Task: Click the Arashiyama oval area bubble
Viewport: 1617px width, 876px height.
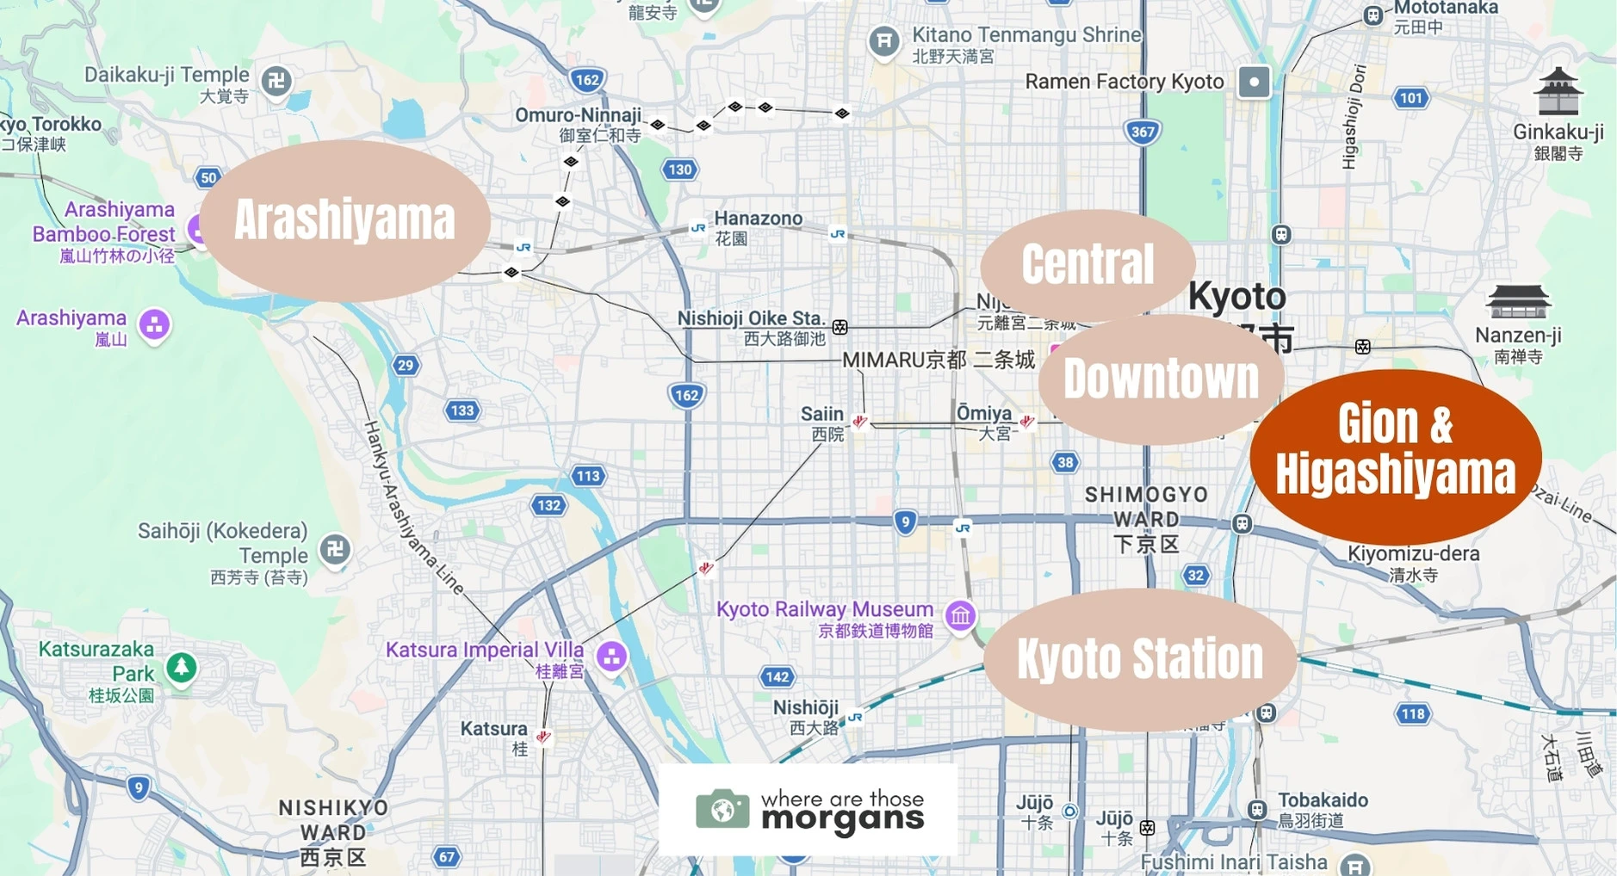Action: tap(344, 220)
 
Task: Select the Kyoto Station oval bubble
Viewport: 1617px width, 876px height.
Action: tap(1139, 659)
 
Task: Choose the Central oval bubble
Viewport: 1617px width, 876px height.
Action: tap(1087, 264)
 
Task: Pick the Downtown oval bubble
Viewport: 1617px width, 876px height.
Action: tap(1160, 379)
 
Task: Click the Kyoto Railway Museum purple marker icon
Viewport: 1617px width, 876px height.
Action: tap(960, 616)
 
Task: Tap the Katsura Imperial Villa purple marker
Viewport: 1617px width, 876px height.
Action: tap(611, 657)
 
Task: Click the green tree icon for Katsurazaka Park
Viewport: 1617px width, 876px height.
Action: tap(181, 667)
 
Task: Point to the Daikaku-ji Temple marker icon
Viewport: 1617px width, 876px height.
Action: tap(276, 82)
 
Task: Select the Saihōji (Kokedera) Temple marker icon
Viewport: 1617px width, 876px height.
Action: tap(335, 549)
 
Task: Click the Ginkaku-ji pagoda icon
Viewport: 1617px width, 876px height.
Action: tap(1558, 92)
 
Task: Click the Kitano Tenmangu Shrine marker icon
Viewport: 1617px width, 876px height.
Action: tap(883, 40)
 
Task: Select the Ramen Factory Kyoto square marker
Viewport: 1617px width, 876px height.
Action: tap(1254, 83)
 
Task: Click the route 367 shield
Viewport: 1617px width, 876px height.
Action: tap(1143, 132)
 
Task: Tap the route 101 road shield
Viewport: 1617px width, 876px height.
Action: tap(1410, 98)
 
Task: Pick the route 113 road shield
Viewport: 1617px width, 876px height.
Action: tap(588, 476)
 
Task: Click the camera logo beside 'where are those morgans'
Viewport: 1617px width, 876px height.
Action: tap(722, 809)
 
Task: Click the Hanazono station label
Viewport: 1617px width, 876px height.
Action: tap(758, 219)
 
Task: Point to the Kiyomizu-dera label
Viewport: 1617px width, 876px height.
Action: tap(1413, 554)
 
